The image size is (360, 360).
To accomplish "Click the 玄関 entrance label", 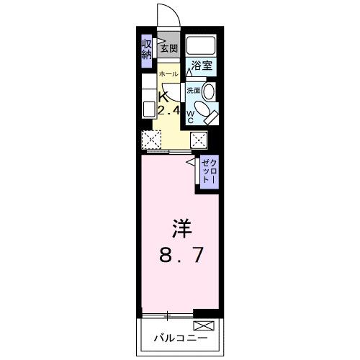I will coord(168,49).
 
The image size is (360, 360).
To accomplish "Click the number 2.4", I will coord(168,110).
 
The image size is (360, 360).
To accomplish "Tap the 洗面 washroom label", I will coord(193,91).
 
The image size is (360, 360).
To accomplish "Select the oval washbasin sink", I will coord(209,91).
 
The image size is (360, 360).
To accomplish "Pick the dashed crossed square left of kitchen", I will coord(151,140).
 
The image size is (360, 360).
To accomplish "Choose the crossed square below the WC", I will coord(199,140).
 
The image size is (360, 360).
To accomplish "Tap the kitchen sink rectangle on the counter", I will coord(148,109).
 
